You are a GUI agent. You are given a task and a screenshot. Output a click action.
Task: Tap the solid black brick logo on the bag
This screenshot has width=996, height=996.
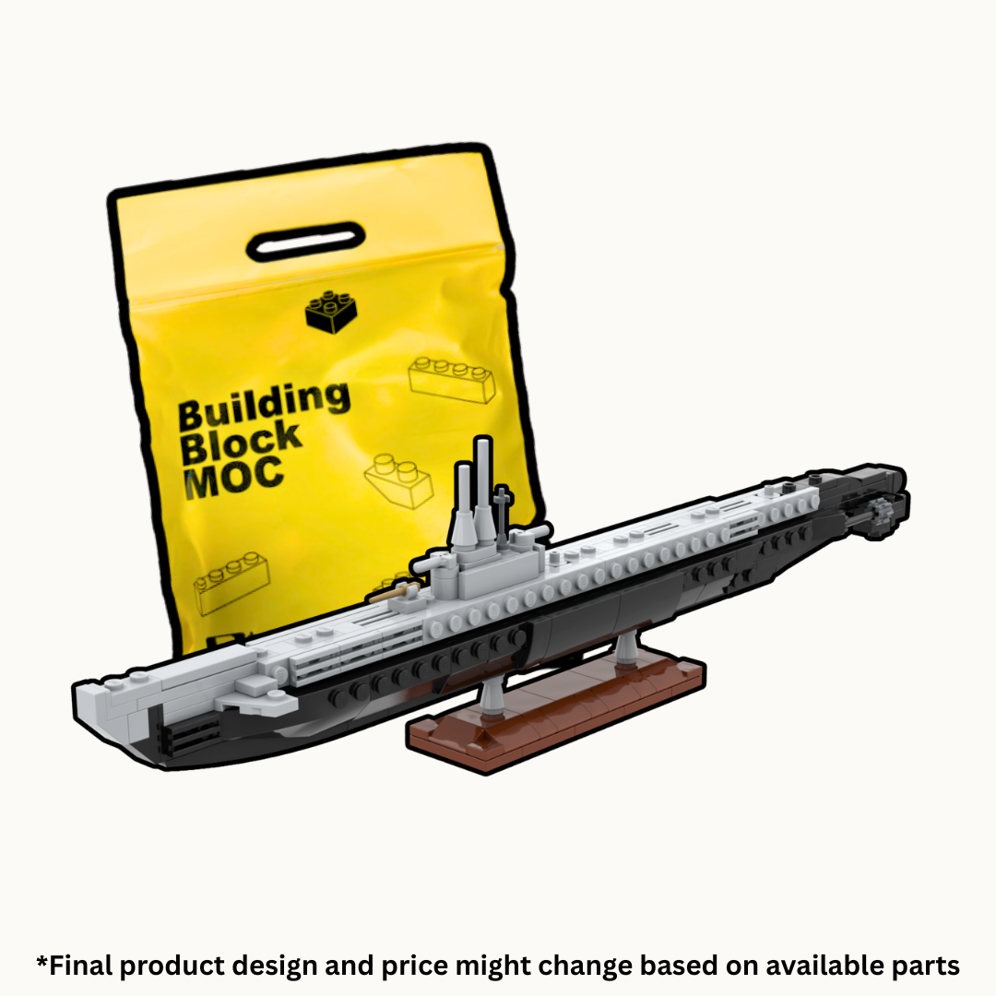pos(331,311)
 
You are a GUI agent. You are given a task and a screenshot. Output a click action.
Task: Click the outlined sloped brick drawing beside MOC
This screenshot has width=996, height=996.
pos(398,478)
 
